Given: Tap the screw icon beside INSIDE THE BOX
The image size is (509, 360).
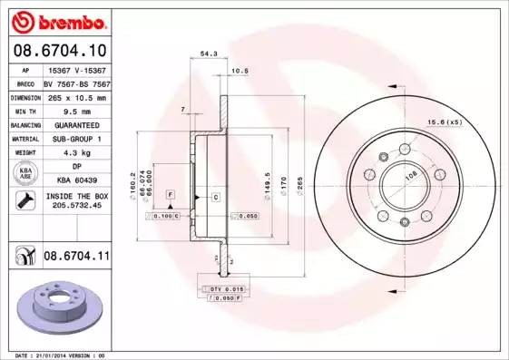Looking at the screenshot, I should click(x=21, y=200).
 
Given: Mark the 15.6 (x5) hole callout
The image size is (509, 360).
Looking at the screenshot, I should click(x=445, y=122).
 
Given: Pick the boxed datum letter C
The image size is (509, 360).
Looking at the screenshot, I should click(x=216, y=196).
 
